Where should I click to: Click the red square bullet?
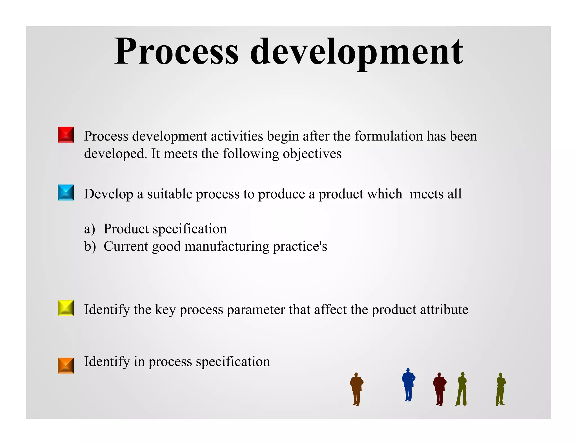(x=66, y=135)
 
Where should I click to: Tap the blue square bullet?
(x=66, y=192)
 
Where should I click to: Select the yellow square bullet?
(x=66, y=308)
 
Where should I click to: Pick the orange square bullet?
(x=66, y=365)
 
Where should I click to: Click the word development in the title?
(x=356, y=52)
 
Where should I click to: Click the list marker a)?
(x=89, y=229)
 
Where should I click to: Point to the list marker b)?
(x=90, y=246)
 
